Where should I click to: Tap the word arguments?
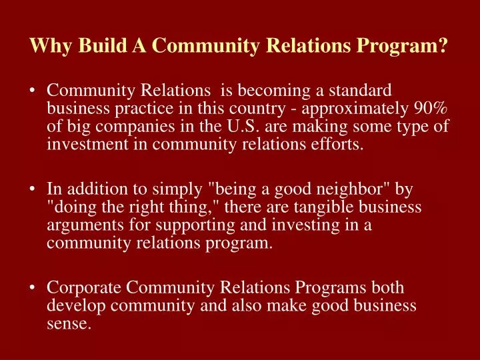(x=83, y=225)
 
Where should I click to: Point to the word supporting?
(x=181, y=225)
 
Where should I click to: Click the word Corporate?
(x=83, y=289)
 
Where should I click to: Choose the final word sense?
(x=68, y=324)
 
